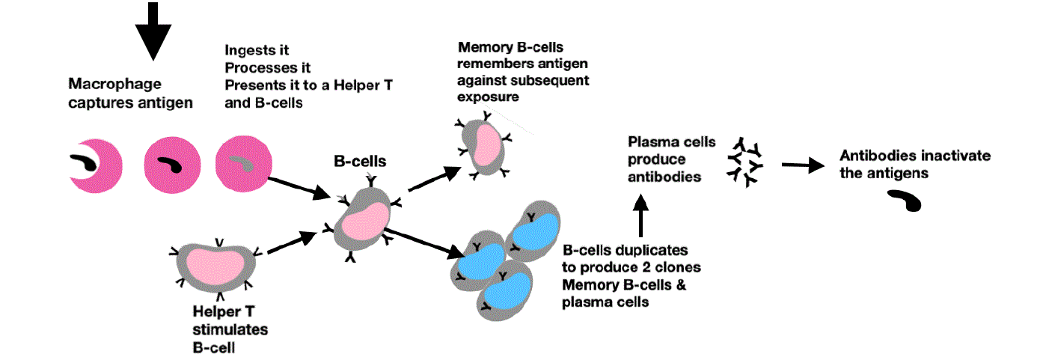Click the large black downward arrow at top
click(153, 30)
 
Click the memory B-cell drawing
click(483, 145)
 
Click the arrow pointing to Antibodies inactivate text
click(801, 165)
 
